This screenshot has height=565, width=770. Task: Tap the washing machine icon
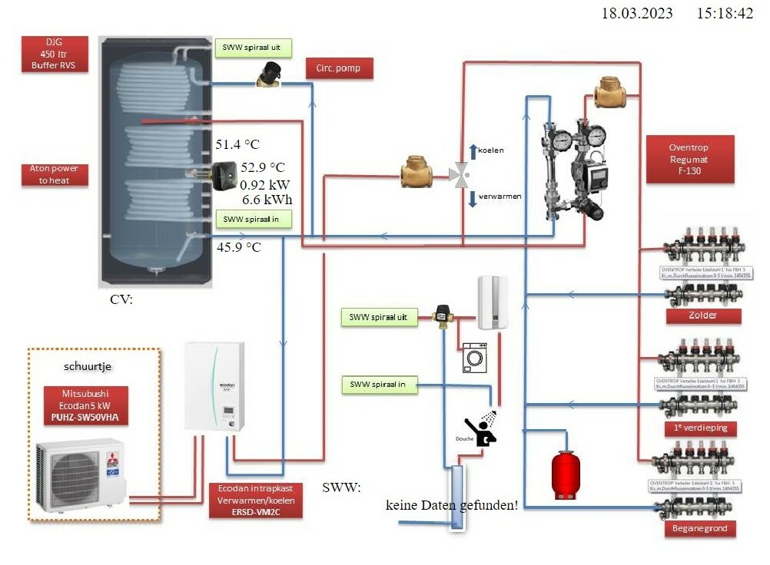pos(474,358)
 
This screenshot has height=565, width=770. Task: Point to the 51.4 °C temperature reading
pos(237,144)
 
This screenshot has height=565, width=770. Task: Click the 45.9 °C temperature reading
pos(238,247)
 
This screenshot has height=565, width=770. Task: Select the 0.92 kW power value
pos(264,185)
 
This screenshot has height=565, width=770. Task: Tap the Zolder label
pos(703,316)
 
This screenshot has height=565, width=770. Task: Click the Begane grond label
pos(703,528)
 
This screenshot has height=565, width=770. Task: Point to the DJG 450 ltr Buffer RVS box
pos(55,55)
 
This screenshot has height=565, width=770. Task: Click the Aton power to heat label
pos(55,174)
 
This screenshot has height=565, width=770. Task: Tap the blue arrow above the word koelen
pos(473,151)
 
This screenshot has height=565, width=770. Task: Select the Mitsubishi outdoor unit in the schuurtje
pos(80,474)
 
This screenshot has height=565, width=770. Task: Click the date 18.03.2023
pos(637,13)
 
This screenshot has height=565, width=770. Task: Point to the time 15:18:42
pos(725,13)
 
